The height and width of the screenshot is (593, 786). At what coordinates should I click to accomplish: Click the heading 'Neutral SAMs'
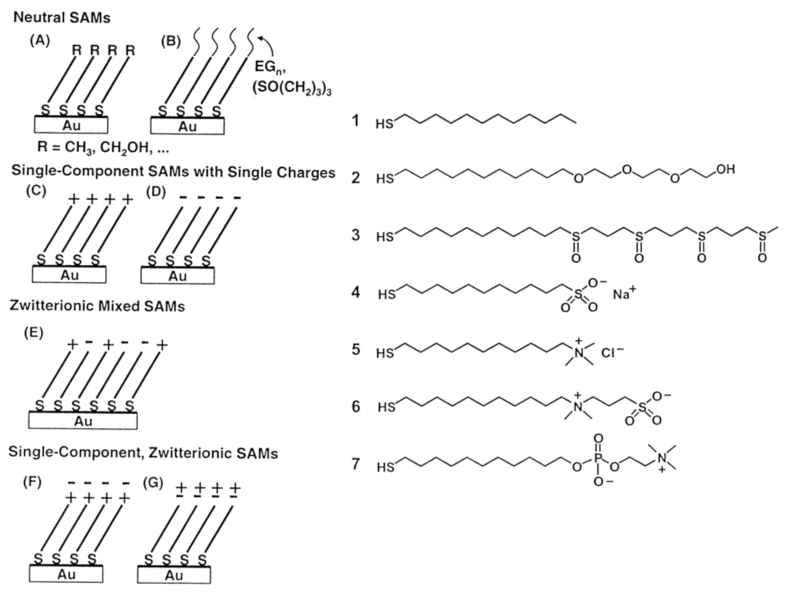[x=62, y=18]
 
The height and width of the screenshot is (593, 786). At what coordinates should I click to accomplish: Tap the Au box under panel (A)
[x=71, y=125]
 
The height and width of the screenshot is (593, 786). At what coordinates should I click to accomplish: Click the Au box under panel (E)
[x=83, y=421]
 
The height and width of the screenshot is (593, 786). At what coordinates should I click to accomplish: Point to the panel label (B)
[x=171, y=42]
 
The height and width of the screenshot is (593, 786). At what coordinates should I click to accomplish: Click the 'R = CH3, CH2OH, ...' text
[x=103, y=147]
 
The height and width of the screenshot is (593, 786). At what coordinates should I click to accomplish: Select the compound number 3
[x=356, y=235]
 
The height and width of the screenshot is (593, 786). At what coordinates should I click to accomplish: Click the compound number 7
[x=356, y=464]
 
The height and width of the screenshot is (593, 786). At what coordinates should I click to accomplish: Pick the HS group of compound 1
[x=384, y=124]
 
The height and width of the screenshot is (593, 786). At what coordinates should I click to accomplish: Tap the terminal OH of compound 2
[x=725, y=170]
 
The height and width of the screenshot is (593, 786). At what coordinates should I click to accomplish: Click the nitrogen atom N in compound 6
[x=578, y=407]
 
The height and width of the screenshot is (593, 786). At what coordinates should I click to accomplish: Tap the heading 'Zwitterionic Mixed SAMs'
[x=97, y=306]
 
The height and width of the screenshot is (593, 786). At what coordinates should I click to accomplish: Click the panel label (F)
[x=32, y=482]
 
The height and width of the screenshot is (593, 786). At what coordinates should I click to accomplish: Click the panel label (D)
[x=156, y=192]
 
